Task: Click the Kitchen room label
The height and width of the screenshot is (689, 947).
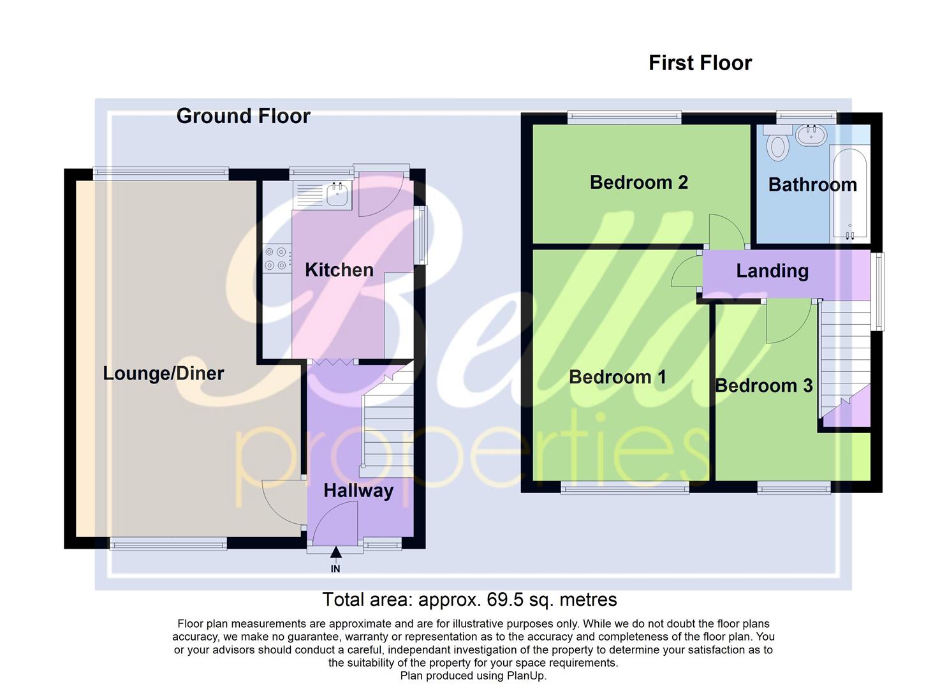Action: coord(339,270)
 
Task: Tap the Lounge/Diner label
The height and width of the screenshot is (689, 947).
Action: coord(163,373)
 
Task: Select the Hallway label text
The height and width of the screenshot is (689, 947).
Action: coord(358,491)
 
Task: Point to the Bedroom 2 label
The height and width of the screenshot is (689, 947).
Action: coord(638,182)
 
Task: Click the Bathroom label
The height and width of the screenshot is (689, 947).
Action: coord(812,185)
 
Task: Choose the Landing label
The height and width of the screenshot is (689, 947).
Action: coord(772,270)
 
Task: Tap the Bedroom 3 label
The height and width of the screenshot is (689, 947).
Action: coord(763,385)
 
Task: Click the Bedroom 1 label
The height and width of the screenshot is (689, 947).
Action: coord(617,377)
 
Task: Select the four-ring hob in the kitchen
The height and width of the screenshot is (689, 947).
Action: coord(275,258)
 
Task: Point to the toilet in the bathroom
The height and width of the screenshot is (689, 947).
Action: coord(777,144)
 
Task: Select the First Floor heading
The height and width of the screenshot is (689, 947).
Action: coord(700,63)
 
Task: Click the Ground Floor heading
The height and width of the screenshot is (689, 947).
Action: coord(243,116)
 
